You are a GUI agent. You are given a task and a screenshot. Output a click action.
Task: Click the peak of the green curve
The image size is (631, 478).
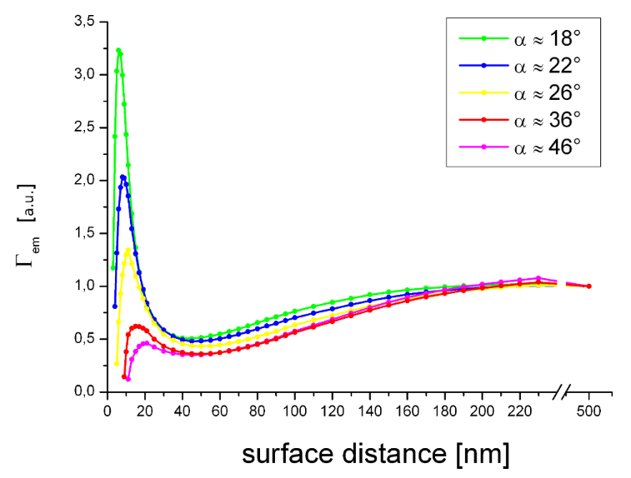(x=118, y=51)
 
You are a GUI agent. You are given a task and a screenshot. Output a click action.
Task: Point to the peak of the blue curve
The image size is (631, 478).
(x=123, y=177)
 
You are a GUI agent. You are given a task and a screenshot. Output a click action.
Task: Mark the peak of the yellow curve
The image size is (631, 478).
(x=128, y=251)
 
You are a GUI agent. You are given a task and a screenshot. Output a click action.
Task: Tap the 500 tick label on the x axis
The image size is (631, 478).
(x=588, y=409)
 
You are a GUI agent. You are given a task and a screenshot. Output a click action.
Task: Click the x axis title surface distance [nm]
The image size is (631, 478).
(x=375, y=454)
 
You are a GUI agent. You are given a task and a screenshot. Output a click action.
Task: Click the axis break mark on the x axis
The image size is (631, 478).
(x=563, y=391)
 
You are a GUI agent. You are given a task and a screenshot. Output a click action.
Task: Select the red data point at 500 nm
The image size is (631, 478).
(x=588, y=286)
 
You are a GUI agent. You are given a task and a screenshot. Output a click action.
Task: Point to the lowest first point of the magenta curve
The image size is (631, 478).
(x=128, y=379)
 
